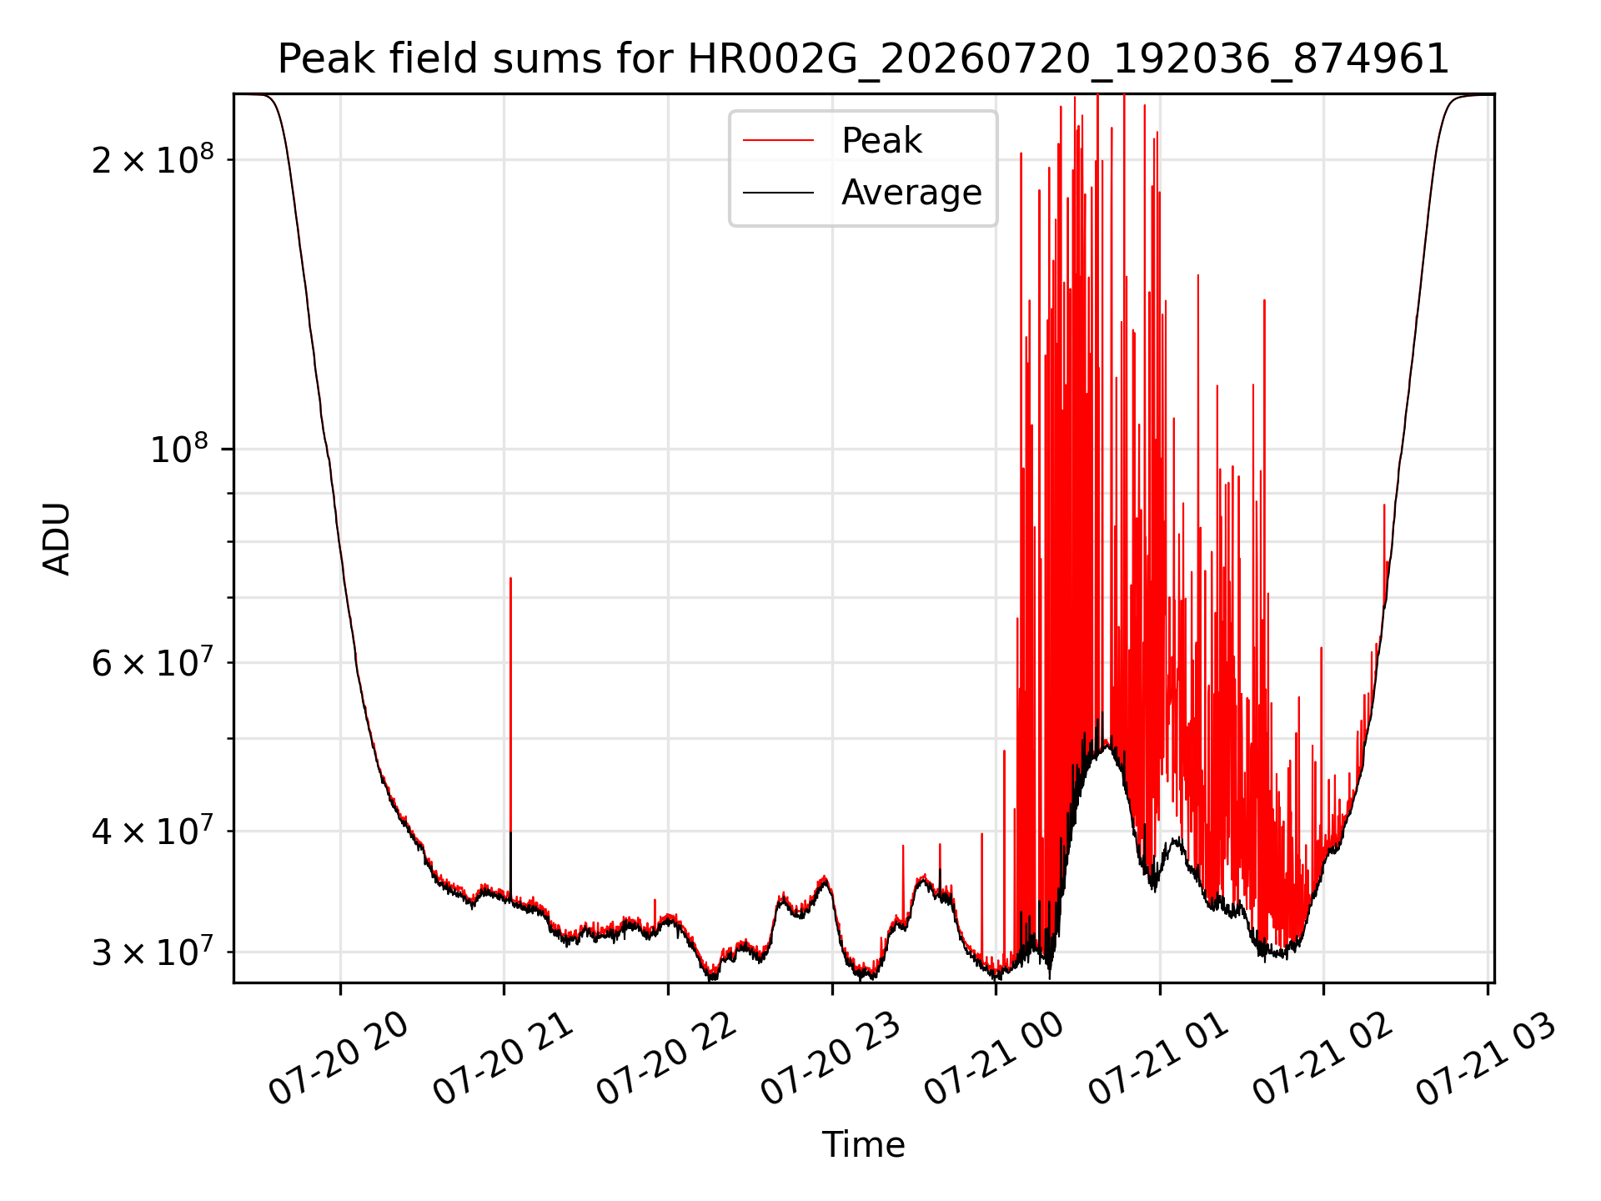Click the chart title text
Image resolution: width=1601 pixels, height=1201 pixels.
point(863,59)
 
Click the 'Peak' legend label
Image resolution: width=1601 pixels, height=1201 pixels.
point(881,141)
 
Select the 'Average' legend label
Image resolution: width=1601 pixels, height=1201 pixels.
point(911,193)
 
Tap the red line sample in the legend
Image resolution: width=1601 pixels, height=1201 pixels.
point(778,141)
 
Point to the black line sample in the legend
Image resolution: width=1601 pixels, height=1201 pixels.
point(778,193)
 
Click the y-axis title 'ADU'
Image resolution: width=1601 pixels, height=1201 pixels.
point(57,538)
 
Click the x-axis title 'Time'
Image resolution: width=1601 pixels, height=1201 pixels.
point(863,1145)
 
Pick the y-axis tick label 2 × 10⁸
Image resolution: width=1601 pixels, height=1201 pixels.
point(153,158)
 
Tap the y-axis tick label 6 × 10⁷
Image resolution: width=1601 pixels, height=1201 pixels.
point(153,663)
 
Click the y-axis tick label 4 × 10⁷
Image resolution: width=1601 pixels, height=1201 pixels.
point(153,831)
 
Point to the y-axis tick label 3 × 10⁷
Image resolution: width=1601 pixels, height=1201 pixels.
point(153,952)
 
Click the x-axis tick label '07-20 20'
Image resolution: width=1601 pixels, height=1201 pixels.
point(339,1059)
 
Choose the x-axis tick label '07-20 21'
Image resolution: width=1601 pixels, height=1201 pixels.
point(503,1059)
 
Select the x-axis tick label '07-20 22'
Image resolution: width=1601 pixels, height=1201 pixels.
point(667,1059)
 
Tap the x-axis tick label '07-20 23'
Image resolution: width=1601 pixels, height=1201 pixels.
point(831,1059)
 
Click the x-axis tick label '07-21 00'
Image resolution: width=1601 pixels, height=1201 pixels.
point(995,1059)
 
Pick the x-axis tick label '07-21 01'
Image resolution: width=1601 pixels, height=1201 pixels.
point(1159,1059)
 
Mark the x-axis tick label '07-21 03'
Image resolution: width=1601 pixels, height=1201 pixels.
point(1487,1059)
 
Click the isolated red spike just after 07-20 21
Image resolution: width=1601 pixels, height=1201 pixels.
point(510,734)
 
